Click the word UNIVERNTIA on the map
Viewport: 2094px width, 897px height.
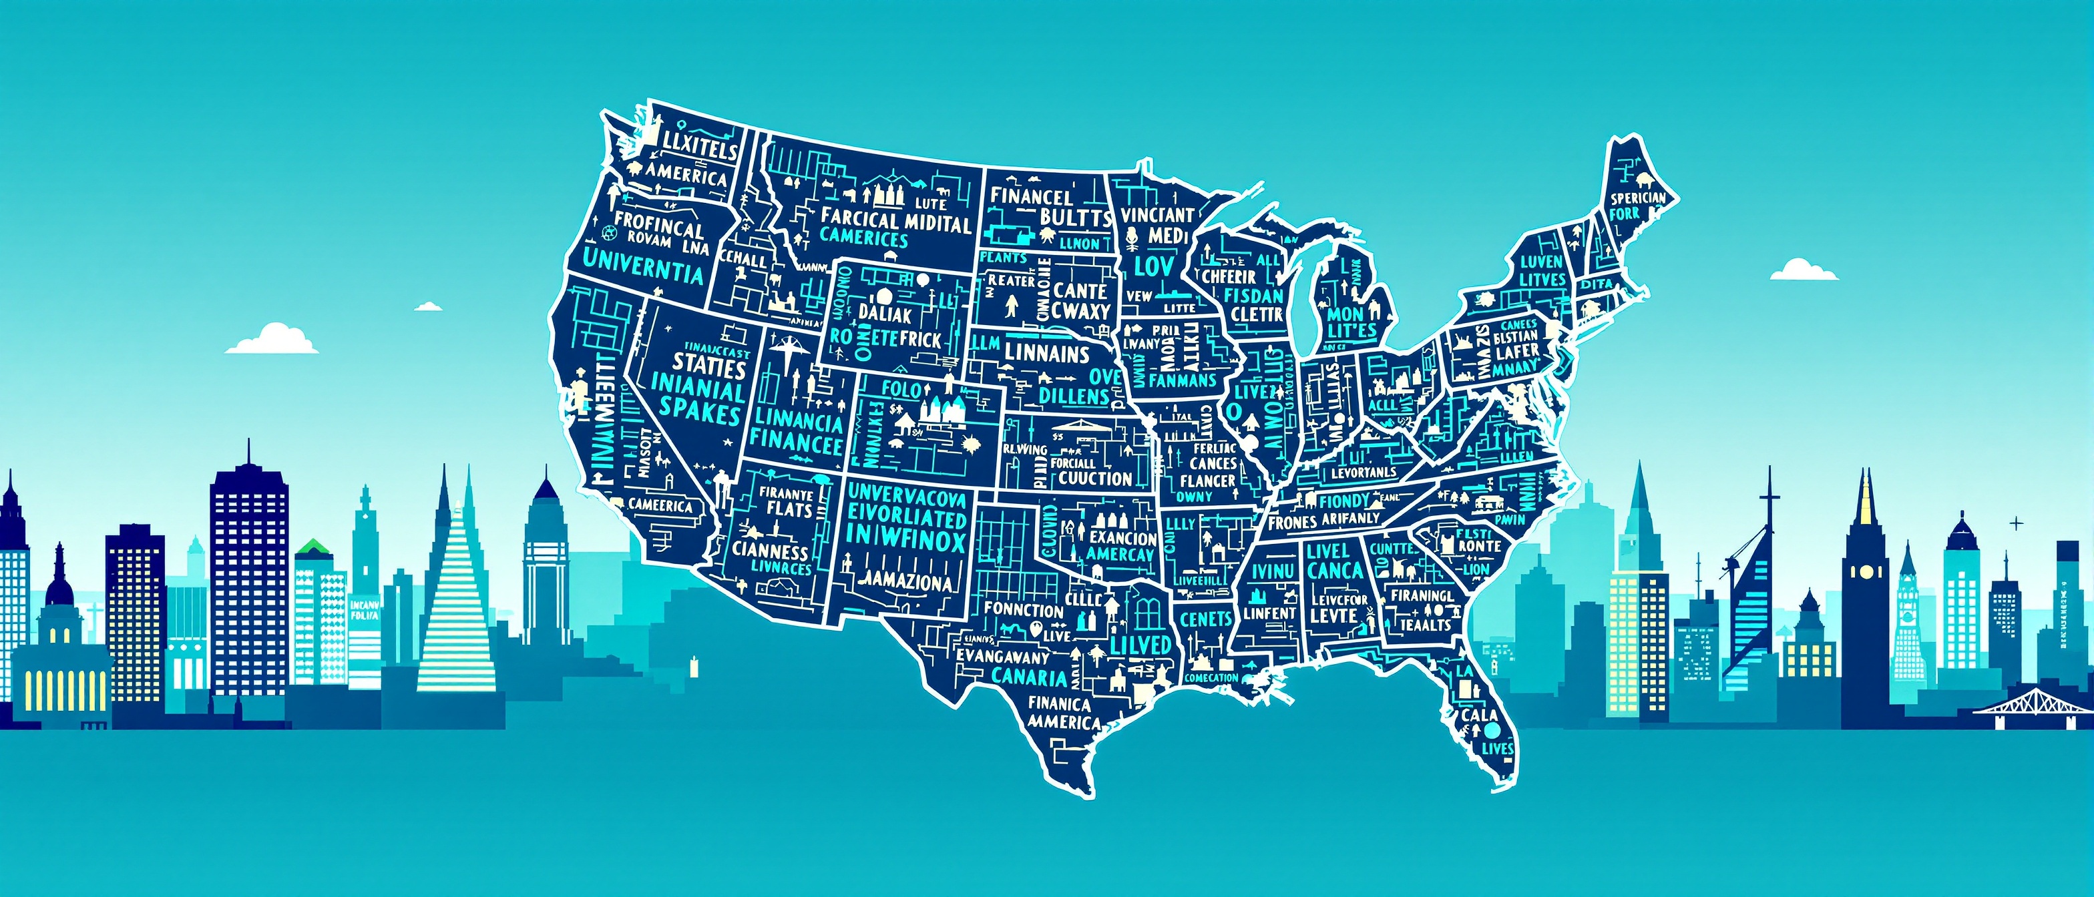(643, 266)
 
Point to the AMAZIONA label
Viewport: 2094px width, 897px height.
(905, 582)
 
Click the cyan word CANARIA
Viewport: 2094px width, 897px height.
(1028, 676)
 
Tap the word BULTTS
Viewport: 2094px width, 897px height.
(1074, 217)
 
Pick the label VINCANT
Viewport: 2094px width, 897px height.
(1158, 214)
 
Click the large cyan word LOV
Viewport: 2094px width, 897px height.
(1153, 266)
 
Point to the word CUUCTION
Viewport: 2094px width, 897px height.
(1094, 479)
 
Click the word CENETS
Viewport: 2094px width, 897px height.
(1205, 619)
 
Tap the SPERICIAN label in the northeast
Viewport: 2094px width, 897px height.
(1638, 198)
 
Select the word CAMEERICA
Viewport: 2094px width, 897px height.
(660, 505)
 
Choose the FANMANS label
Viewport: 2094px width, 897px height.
(1182, 380)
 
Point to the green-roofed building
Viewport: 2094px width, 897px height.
(314, 549)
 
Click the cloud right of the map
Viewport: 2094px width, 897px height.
(1803, 270)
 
